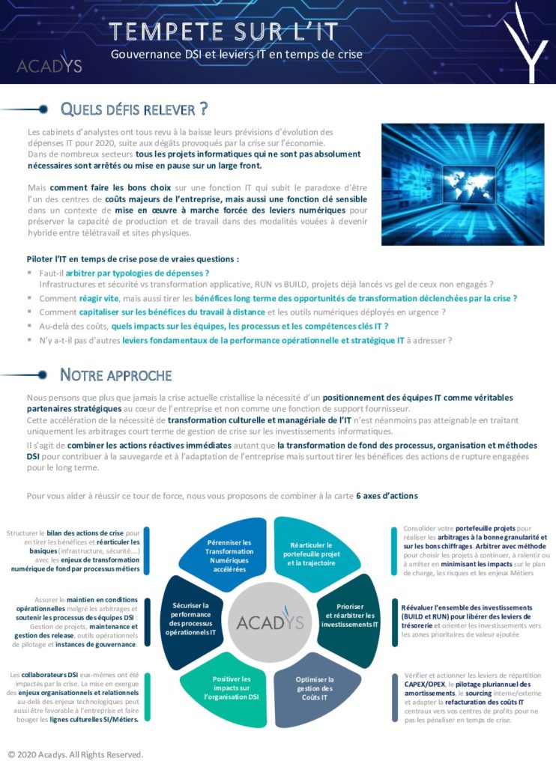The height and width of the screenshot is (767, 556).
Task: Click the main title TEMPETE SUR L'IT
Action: click(x=223, y=31)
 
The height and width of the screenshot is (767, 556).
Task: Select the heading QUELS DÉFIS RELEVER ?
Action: click(x=133, y=109)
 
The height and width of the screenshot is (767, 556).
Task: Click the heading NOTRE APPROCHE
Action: click(x=115, y=375)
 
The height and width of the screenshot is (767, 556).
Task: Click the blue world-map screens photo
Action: click(x=462, y=184)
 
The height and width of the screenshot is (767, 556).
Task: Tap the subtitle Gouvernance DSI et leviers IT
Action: click(x=237, y=55)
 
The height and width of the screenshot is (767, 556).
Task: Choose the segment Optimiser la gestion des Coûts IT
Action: click(x=314, y=688)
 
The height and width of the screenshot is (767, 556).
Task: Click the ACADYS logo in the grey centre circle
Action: click(x=271, y=622)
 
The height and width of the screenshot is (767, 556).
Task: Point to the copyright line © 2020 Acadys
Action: click(x=75, y=754)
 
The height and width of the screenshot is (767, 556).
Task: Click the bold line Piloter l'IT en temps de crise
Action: click(x=133, y=259)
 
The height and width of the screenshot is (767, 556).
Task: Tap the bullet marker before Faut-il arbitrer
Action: click(x=31, y=273)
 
